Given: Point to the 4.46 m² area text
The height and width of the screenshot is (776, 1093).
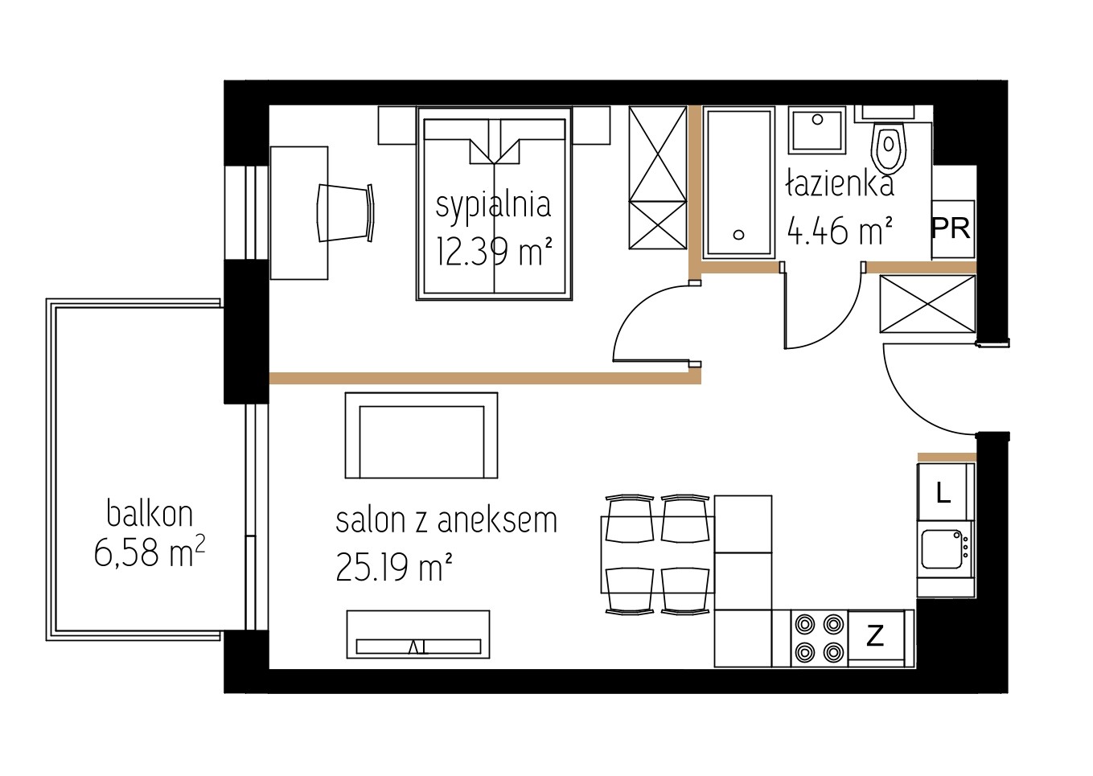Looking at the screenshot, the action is click(x=840, y=231).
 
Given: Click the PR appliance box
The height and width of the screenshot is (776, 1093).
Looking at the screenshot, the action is click(x=952, y=228).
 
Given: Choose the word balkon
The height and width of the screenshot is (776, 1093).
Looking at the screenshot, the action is click(x=150, y=513).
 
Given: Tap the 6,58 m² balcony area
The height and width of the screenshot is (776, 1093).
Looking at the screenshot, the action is click(x=150, y=552).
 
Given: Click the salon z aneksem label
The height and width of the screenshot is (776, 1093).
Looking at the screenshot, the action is click(x=446, y=520).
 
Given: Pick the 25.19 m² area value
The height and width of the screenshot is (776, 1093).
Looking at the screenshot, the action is click(x=394, y=567).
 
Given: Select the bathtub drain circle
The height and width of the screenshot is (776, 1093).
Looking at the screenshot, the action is click(x=739, y=235).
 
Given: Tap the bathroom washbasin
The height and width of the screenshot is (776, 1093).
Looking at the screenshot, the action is click(x=817, y=130).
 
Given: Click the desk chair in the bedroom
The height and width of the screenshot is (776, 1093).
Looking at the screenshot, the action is click(x=346, y=212).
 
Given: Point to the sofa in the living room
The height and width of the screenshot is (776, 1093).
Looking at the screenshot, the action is click(x=421, y=435).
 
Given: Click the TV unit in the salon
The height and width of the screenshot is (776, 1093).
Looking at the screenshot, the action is click(x=418, y=634).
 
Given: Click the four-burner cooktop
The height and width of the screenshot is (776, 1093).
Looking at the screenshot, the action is click(x=820, y=638).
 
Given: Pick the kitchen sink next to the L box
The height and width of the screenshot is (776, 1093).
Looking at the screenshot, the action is click(x=942, y=548).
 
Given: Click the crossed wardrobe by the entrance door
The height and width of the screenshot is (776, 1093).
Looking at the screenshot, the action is click(x=927, y=304).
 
